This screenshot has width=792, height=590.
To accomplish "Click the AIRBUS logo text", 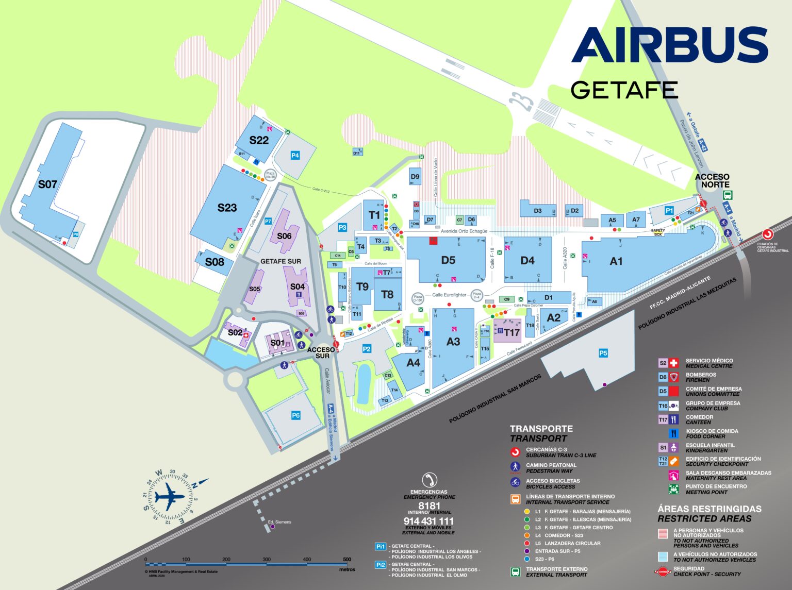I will (669, 45).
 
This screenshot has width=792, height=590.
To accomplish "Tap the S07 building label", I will (47, 184).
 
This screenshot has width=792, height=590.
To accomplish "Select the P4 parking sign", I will (295, 155).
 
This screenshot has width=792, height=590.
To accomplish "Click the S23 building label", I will (227, 208).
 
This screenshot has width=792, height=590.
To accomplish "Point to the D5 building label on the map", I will (448, 260).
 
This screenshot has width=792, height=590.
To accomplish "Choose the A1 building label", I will (616, 261).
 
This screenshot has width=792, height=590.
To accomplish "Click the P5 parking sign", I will (603, 353).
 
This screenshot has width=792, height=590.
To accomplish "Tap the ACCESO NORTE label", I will (712, 180).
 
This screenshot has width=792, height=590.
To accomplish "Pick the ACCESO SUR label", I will (321, 352).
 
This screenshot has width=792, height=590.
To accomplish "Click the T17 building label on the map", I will (511, 332).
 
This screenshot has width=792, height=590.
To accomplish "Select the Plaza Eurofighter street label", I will (449, 295).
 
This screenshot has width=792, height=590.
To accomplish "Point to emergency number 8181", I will (429, 506).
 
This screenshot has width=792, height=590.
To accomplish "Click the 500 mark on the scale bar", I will (347, 559).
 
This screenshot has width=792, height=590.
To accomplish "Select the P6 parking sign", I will (295, 415).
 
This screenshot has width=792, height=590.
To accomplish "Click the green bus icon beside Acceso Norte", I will (728, 195).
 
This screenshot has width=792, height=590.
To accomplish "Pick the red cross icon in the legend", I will (674, 363).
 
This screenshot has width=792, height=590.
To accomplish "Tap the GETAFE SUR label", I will (280, 261).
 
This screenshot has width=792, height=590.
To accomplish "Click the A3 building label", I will (453, 341).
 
